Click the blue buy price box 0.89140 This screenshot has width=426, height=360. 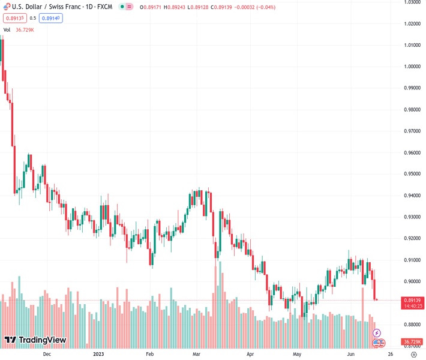(52, 18)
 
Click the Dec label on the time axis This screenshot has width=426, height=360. (47, 354)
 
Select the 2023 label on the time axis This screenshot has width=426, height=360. (100, 354)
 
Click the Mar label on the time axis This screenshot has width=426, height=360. (197, 354)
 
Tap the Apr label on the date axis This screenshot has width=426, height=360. (250, 354)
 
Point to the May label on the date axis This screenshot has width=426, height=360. (296, 354)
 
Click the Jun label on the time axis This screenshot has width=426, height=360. (351, 354)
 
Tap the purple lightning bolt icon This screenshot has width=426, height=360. (377, 332)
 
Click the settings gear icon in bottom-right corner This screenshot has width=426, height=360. (413, 354)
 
